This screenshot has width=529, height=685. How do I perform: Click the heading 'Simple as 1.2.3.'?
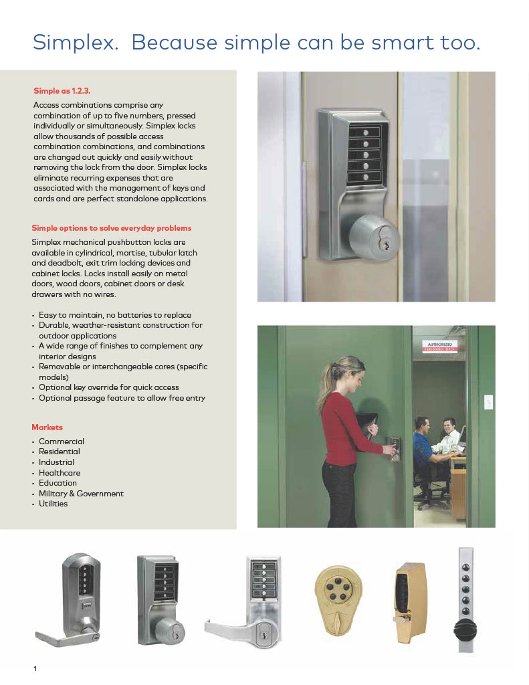coord(66,90)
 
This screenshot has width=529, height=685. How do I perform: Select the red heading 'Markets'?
coord(47,427)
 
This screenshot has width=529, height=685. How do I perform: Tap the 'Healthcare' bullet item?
coord(59,472)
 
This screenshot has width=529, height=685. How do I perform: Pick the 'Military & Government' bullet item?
coord(81,493)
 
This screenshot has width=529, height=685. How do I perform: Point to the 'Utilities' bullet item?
coord(53,504)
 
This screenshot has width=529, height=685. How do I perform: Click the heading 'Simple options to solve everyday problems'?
coord(111,227)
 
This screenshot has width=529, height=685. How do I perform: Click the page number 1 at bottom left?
coord(35,669)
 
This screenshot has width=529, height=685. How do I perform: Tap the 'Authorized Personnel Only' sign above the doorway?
coord(439,347)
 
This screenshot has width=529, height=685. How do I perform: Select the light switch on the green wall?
coord(488,403)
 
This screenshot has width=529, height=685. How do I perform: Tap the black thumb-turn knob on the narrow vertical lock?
coord(465,629)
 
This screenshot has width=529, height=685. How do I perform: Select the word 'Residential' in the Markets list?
coord(60,452)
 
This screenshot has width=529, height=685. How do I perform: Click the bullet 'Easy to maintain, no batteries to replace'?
coord(114,315)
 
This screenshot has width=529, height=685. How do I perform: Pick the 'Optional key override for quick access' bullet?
coord(118,387)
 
